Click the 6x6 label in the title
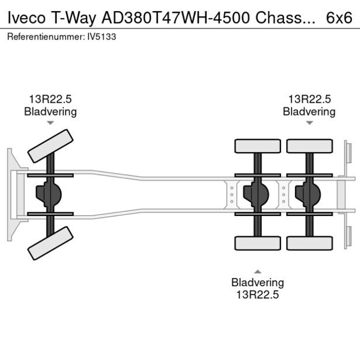(339, 17)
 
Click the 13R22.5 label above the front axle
(51, 99)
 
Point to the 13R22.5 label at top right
(309, 99)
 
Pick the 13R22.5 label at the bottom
(258, 294)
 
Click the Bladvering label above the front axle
(51, 111)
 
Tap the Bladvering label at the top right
(309, 111)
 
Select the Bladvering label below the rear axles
(258, 283)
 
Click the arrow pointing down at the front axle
(51, 123)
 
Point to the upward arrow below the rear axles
(258, 271)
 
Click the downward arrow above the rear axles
(309, 123)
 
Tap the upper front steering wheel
(51, 146)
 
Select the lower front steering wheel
(51, 243)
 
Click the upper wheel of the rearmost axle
(309, 146)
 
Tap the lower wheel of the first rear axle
(258, 243)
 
